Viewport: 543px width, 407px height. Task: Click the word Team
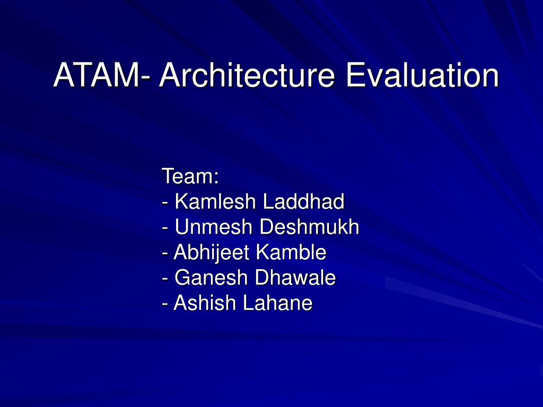187,176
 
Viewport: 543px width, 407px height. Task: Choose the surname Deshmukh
309,227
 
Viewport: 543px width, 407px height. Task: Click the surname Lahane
278,303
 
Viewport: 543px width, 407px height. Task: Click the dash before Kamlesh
165,203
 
